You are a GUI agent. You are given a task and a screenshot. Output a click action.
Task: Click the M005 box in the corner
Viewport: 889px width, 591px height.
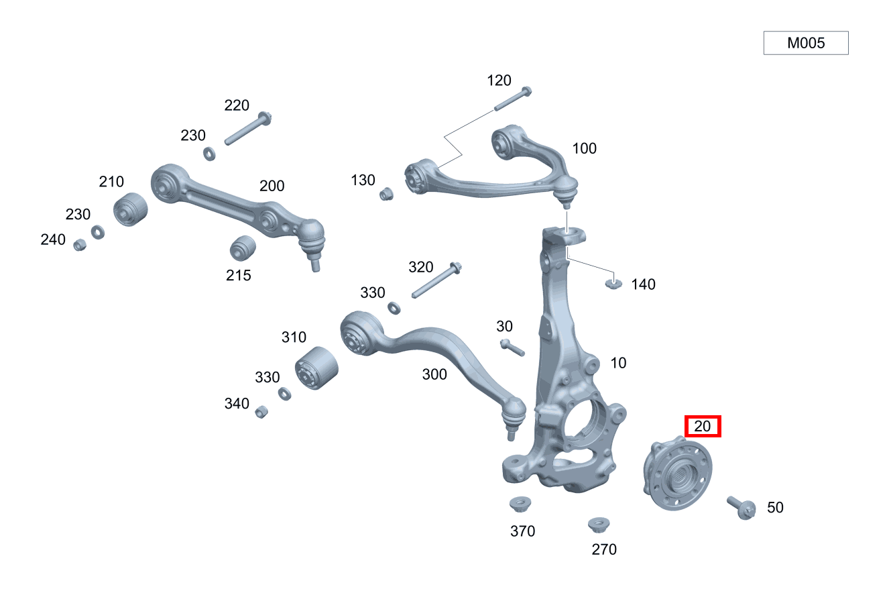(806, 43)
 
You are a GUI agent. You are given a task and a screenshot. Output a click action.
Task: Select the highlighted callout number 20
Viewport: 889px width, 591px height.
(703, 426)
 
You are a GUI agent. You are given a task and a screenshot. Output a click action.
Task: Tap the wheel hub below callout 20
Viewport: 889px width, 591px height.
(677, 473)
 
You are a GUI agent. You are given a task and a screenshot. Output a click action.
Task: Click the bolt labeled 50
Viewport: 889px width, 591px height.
(741, 508)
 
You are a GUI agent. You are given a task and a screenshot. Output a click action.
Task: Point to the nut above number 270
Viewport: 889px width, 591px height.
(599, 525)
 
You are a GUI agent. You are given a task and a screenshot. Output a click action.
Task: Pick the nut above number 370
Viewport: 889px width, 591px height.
(520, 504)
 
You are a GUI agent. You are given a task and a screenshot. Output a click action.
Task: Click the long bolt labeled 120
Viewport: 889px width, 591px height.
(513, 99)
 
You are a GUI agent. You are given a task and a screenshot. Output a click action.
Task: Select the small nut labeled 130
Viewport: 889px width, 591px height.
(386, 195)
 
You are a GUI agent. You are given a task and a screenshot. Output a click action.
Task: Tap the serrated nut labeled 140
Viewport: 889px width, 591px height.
(613, 284)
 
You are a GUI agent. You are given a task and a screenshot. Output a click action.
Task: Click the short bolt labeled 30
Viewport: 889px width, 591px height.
(512, 347)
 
